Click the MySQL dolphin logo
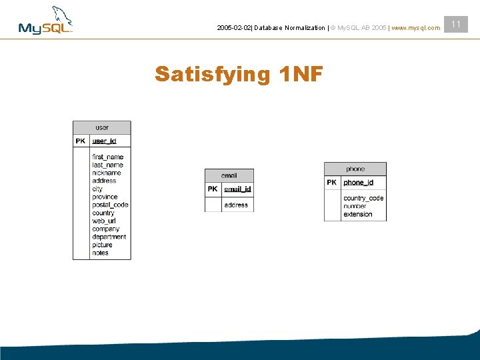[45, 20]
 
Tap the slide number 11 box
[456, 24]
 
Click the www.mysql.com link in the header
[416, 28]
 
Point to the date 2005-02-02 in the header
[234, 28]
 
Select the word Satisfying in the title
[213, 75]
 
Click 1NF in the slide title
[301, 74]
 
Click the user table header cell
[102, 127]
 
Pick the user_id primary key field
[104, 141]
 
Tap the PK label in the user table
[81, 141]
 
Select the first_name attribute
[108, 157]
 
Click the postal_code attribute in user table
[110, 205]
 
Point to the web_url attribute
[104, 221]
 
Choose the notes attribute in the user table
[100, 253]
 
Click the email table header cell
[229, 176]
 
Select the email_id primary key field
[237, 189]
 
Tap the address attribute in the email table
[236, 205]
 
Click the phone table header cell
[355, 169]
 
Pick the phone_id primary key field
[358, 183]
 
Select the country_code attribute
[363, 198]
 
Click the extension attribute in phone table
[358, 214]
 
